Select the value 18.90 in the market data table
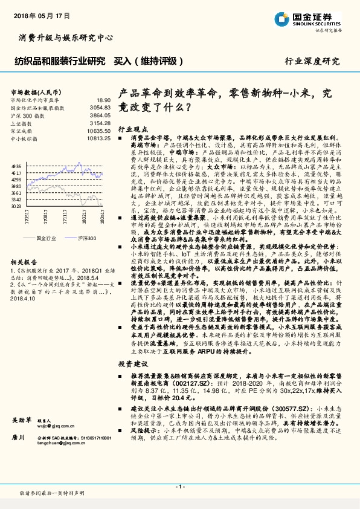[x=103, y=100]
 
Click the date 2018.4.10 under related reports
[x=25, y=298]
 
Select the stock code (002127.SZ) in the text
[x=197, y=383]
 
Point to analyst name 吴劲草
[x=22, y=436]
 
